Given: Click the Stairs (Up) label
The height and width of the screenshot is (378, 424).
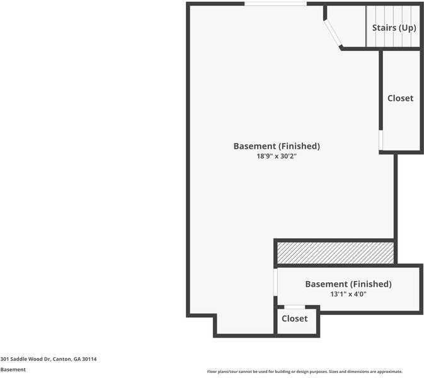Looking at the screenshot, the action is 394,28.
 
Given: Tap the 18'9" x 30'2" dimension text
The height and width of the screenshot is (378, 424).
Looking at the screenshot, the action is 277,156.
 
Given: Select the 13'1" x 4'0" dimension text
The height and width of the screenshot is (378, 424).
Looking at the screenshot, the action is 348,294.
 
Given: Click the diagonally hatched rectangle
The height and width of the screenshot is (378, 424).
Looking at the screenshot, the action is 335,253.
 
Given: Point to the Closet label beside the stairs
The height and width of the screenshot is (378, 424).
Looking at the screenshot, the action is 400,98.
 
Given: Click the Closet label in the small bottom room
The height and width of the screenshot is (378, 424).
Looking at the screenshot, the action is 294,319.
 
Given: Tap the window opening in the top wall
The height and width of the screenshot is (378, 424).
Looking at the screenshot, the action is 275,4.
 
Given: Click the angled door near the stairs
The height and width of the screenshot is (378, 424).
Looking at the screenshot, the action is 333,34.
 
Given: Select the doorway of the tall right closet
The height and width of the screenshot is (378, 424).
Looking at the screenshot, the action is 381,140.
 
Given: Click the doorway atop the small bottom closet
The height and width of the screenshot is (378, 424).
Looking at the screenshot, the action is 294,307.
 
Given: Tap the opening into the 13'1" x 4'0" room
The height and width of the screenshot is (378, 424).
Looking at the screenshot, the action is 275,282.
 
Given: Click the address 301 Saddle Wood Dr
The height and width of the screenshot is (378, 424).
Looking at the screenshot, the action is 25,359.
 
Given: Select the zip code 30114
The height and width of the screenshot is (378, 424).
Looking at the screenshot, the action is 89,359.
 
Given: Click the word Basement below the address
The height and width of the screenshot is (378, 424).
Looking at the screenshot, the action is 13,370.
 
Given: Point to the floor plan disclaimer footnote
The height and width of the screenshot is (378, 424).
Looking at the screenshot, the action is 305,372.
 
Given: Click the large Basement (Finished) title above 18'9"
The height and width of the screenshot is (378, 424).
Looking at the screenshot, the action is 277,146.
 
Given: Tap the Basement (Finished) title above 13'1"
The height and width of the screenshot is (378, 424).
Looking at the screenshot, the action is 348,284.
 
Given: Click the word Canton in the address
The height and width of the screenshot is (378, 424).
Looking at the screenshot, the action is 62,359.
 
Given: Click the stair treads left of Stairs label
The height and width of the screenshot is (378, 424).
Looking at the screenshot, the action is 389,26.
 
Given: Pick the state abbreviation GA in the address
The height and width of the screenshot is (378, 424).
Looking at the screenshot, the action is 77,359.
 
